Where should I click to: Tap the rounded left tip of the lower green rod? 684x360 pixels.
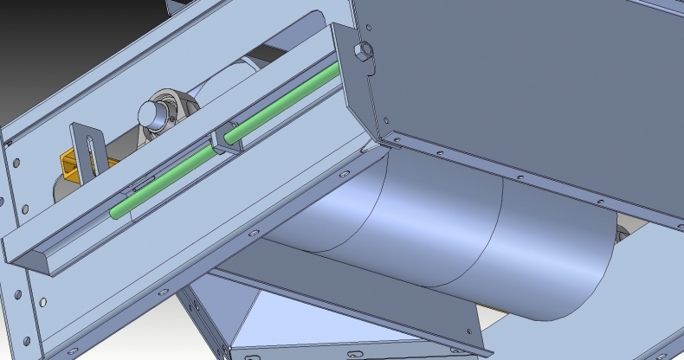click(x=114, y=210)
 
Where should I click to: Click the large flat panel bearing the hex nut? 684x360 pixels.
click(x=519, y=78)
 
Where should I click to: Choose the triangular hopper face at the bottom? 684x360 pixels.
click(x=260, y=325)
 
